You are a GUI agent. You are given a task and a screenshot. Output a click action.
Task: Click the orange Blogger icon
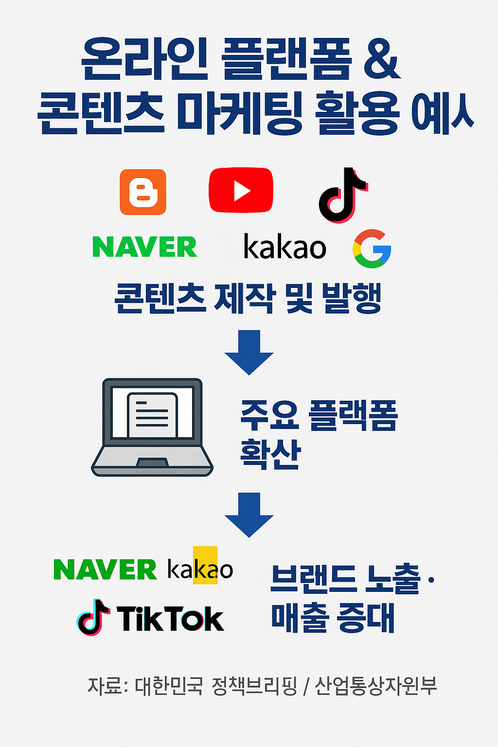[x=143, y=192]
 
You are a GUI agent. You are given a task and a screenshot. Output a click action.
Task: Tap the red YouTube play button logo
[x=241, y=190]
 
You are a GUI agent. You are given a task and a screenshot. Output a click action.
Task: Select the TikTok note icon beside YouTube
[x=342, y=195]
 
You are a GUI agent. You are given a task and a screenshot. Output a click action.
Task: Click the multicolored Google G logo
[x=372, y=249]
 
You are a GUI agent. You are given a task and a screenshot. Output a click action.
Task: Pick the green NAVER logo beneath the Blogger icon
[x=144, y=247]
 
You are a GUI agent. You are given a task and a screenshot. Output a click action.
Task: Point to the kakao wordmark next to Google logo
[x=285, y=247]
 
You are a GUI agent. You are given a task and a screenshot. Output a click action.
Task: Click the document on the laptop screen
[x=152, y=415]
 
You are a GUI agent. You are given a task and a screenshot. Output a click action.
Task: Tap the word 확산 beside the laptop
[x=270, y=453]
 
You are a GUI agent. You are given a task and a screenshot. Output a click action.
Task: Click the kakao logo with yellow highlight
[x=200, y=569]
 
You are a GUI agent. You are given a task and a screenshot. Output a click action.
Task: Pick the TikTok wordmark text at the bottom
[x=170, y=619]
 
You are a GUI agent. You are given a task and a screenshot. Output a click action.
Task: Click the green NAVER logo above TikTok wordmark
[x=105, y=569]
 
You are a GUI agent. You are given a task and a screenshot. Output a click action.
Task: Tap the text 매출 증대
[x=333, y=618]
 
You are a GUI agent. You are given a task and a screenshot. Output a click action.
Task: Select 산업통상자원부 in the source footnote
[x=375, y=686]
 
